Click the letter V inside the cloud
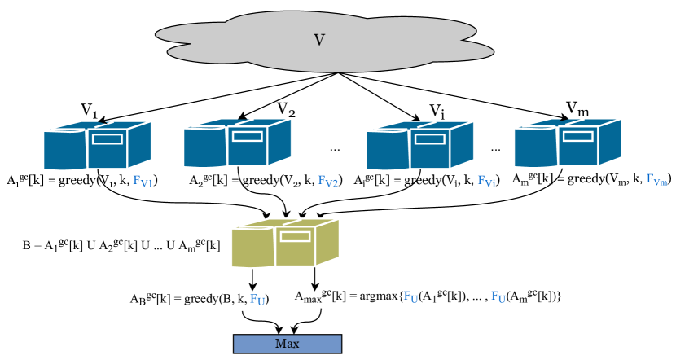319,40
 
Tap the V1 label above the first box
90,110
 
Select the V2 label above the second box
286,109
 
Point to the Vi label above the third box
437,112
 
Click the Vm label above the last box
577,109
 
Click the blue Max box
288,344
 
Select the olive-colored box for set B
285,243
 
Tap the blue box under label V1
98,145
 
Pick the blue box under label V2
238,143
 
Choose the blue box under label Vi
420,145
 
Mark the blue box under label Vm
568,143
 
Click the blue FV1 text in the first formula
143,181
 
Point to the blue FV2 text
327,181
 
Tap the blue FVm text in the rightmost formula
657,180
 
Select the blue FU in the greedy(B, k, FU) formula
257,299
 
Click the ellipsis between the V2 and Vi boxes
335,150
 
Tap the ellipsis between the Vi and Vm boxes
496,150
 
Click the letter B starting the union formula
27,246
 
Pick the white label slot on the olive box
295,236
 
